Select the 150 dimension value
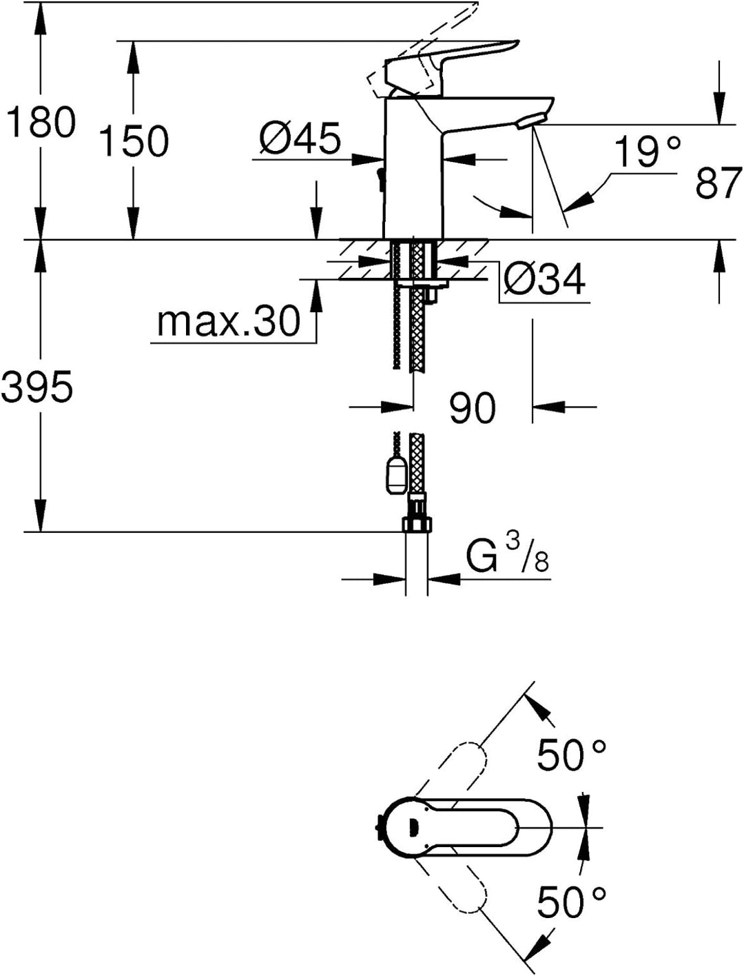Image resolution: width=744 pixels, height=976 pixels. coord(134,141)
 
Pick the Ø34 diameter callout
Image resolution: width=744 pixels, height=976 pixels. coord(545,278)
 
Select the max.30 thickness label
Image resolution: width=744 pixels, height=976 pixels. coord(229,321)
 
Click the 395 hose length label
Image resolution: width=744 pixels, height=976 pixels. coord(37,387)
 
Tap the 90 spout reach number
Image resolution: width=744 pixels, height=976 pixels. coord(472,407)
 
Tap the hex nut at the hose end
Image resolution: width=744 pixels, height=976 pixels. coord(417,524)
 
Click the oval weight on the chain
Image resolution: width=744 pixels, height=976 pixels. coord(397,476)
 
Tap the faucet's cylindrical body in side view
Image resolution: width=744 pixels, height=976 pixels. coord(413,169)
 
